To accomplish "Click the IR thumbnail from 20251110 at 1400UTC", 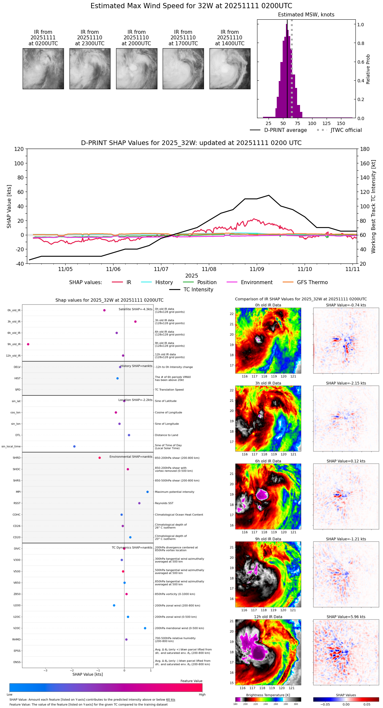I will [230, 69].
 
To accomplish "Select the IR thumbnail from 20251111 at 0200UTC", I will [43, 69].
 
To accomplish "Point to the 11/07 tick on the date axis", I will [161, 269].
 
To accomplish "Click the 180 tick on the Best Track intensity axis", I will [365, 149].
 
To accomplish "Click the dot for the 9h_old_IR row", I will [28, 344].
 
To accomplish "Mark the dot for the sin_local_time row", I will [74, 447].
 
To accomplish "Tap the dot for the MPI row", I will [148, 492].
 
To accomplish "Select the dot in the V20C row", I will [145, 628].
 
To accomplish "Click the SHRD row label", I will [16, 458].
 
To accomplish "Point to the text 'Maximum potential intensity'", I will [174, 492].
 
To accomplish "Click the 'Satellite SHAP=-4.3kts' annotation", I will [135, 309].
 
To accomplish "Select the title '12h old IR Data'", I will [268, 617].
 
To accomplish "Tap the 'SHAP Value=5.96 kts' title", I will [346, 617].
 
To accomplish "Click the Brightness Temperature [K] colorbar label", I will [268, 695].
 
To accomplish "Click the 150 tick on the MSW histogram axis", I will [341, 123].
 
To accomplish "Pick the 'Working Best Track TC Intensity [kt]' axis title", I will [373, 207].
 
